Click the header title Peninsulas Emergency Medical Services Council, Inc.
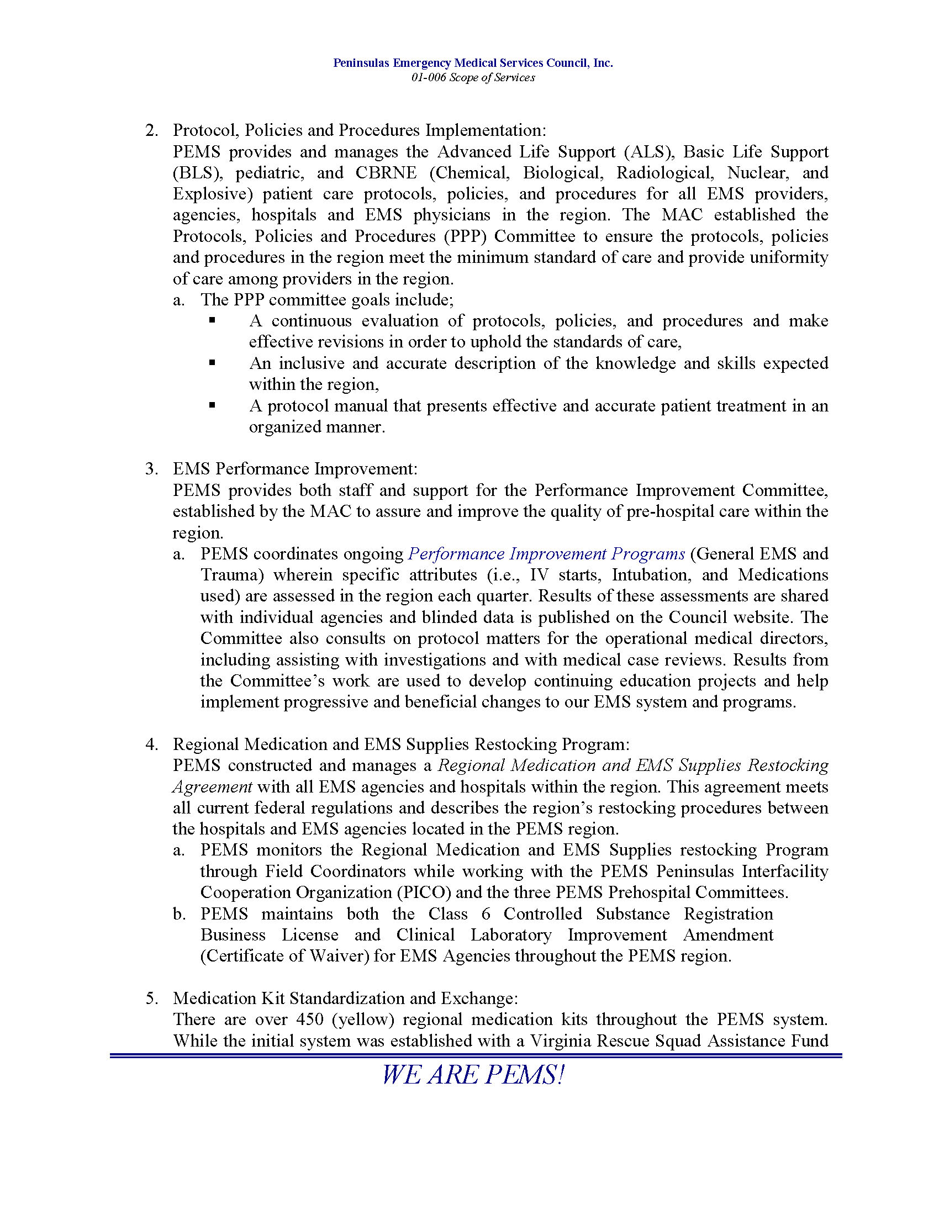pyautogui.click(x=473, y=63)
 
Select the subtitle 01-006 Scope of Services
pyautogui.click(x=473, y=78)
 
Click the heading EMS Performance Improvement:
pyautogui.click(x=295, y=469)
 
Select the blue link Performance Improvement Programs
pyautogui.click(x=546, y=554)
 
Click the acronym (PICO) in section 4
pyautogui.click(x=424, y=893)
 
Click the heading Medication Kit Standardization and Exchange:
pyautogui.click(x=345, y=999)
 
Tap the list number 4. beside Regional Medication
pyautogui.click(x=152, y=744)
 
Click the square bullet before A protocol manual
pyautogui.click(x=212, y=405)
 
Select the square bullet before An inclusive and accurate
pyautogui.click(x=212, y=363)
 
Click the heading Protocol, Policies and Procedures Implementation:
pyautogui.click(x=360, y=130)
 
